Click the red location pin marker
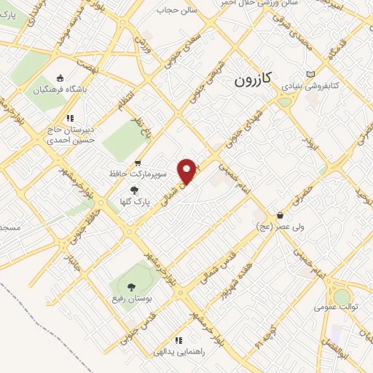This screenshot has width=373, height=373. coord(189,170)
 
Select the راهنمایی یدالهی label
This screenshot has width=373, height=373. coord(176,352)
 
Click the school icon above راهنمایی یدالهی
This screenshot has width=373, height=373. coord(178,340)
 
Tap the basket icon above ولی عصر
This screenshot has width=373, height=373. coord(280,216)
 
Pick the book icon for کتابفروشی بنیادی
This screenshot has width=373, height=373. coord(311,74)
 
